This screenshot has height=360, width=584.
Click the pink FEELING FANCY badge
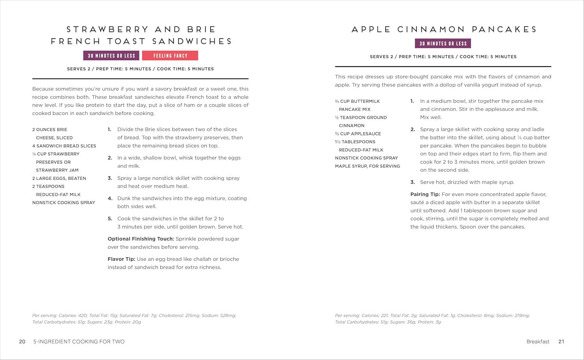[170, 56]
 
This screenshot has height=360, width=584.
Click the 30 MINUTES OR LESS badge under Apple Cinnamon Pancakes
[443, 44]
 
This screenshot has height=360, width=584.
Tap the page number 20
[22, 342]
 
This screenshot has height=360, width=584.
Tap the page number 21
[561, 342]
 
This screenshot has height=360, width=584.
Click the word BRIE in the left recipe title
[201, 29]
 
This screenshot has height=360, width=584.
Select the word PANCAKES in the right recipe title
[505, 29]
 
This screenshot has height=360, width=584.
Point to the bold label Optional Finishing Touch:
[141, 239]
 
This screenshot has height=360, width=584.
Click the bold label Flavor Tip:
[121, 259]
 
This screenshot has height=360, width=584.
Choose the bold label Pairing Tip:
[425, 194]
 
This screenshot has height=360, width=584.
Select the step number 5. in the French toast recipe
[110, 219]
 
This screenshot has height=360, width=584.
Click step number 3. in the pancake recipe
[413, 182]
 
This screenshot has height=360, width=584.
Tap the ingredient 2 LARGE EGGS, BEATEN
[59, 178]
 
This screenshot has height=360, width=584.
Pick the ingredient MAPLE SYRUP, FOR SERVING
[368, 166]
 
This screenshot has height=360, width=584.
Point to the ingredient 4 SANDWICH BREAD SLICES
[64, 146]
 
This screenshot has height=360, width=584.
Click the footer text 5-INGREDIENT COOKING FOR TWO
[79, 342]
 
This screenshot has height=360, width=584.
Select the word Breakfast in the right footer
[538, 342]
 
